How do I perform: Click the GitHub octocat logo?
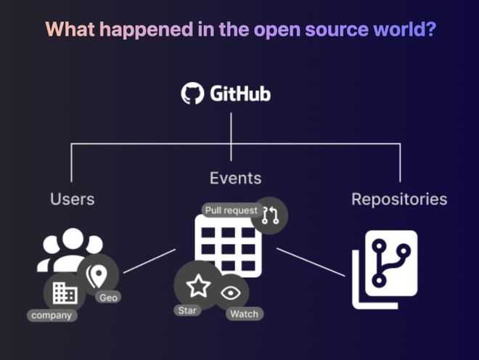coord(193,94)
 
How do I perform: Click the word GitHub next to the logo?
coord(240,94)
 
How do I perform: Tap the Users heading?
coord(73,198)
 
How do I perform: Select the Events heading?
coord(235,178)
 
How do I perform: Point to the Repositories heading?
coord(399,198)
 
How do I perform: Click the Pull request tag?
coord(231,210)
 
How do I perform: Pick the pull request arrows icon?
coord(271,215)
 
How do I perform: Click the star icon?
coord(198,286)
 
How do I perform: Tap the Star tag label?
coord(187,310)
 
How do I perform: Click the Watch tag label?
coord(244,314)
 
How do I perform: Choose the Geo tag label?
coord(108,297)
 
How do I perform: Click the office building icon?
coord(65,292)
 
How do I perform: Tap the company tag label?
coord(52,315)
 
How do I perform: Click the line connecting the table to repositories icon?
coord(311,263)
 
